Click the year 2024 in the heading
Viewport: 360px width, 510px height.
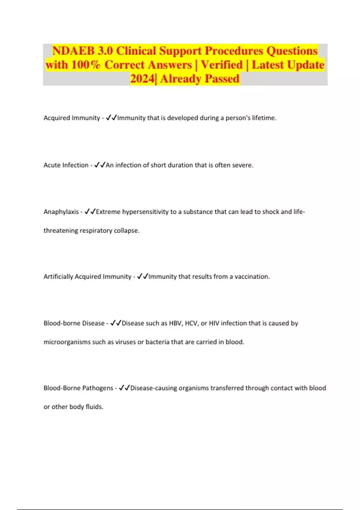click(142, 79)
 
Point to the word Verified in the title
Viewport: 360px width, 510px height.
click(222, 65)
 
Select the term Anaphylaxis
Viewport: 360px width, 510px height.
click(61, 212)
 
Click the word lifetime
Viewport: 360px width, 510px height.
click(264, 118)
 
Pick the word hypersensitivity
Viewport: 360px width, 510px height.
click(145, 212)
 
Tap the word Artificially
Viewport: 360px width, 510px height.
click(58, 277)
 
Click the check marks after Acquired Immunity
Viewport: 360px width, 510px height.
click(111, 118)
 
